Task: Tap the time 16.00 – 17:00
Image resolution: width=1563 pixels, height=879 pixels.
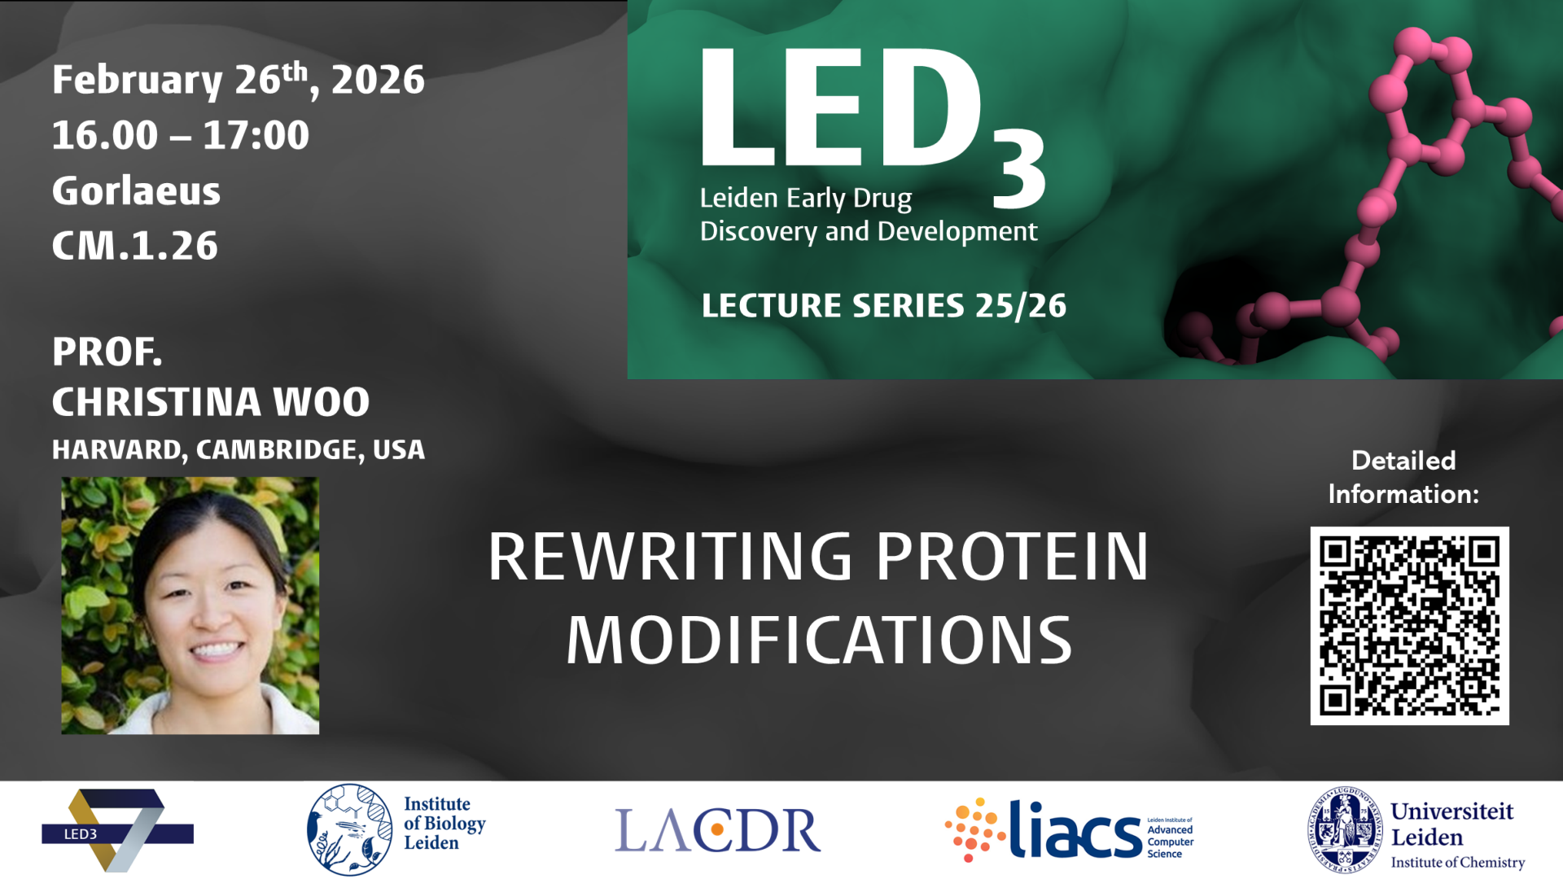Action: (x=180, y=135)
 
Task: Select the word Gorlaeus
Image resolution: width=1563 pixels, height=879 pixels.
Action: (x=136, y=191)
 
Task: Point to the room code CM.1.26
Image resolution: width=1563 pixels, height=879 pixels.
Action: (x=135, y=246)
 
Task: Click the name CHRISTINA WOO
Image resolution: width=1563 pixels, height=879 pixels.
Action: (x=211, y=402)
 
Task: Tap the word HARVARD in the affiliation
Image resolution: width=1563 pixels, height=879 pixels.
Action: (x=116, y=450)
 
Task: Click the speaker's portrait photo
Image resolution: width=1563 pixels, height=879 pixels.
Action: (x=190, y=606)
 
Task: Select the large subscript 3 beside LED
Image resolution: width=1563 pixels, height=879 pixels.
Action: (x=1018, y=171)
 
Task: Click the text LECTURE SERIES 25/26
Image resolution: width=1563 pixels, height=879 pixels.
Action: (x=883, y=306)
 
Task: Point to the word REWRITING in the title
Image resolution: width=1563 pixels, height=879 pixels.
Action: (x=669, y=558)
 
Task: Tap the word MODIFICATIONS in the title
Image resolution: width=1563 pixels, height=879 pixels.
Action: (x=819, y=641)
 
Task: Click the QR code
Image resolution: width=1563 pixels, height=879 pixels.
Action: (x=1409, y=625)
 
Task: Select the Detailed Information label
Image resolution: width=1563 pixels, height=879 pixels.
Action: (x=1403, y=477)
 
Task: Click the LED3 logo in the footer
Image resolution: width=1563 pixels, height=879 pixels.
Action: (x=117, y=830)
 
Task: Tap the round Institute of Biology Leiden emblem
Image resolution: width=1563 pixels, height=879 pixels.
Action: (x=349, y=829)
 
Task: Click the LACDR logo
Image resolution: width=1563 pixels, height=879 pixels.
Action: (x=717, y=830)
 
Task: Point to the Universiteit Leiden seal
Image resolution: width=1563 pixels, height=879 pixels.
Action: (x=1344, y=829)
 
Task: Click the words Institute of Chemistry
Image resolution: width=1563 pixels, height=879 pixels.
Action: (x=1457, y=863)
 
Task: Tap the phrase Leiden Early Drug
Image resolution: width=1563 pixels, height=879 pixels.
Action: (x=805, y=199)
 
